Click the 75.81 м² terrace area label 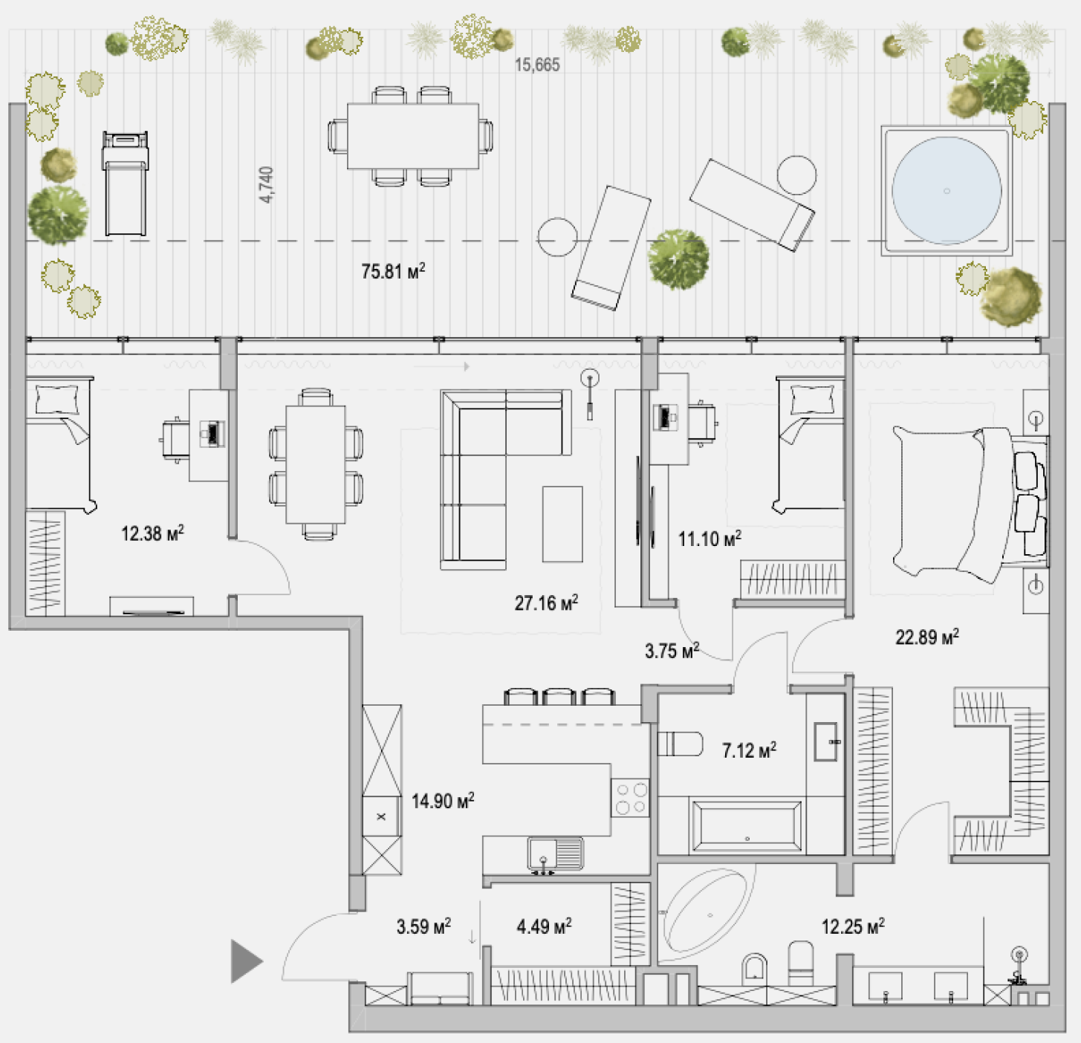click(393, 271)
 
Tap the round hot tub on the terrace click(947, 190)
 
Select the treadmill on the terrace click(125, 183)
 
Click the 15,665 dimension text click(537, 65)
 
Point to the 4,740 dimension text click(267, 185)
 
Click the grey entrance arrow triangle click(247, 961)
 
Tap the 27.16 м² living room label click(546, 602)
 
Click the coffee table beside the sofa click(562, 524)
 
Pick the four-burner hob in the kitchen click(631, 798)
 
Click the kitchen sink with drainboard click(556, 854)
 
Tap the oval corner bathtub click(707, 913)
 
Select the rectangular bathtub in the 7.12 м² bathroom click(745, 827)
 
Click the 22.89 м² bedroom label click(926, 637)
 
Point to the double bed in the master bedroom click(970, 503)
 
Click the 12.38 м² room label click(152, 533)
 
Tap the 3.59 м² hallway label click(423, 926)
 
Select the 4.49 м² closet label click(544, 926)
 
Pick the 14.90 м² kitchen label click(443, 801)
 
